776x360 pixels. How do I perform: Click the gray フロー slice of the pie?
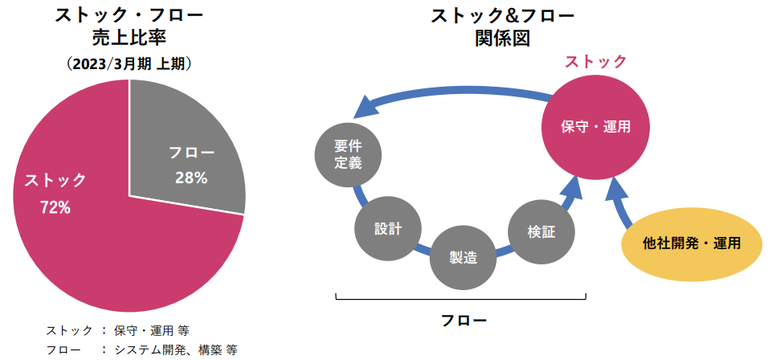click(183, 149)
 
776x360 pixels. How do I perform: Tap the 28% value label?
click(191, 178)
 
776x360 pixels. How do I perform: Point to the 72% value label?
click(55, 208)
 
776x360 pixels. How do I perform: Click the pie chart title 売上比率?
click(129, 39)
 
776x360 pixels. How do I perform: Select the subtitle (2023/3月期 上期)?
click(129, 64)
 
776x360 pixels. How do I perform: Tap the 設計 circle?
click(388, 229)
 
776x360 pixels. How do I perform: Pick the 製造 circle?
click(464, 257)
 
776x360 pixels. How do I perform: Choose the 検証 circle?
click(542, 231)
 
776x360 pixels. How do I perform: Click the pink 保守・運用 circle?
click(595, 127)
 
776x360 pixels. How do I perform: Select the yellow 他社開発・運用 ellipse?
click(691, 243)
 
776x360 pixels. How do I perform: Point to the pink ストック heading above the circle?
click(596, 62)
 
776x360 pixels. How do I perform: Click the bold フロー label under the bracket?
click(464, 320)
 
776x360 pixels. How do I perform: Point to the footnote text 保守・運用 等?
click(151, 330)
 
